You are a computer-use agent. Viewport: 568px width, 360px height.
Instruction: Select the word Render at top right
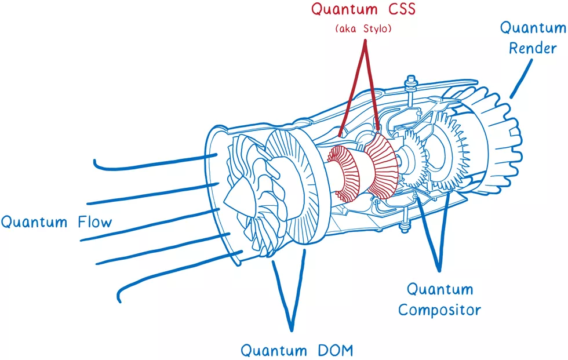point(532,48)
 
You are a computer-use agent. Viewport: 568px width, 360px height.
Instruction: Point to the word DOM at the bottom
point(332,350)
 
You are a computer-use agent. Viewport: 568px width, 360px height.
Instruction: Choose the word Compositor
point(439,309)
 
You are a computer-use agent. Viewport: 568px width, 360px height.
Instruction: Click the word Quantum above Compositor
point(439,289)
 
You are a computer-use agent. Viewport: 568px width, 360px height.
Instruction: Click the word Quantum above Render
point(533,27)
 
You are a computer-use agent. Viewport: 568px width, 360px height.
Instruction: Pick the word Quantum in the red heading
point(344,9)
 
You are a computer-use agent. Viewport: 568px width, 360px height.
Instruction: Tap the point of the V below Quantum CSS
point(364,43)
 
